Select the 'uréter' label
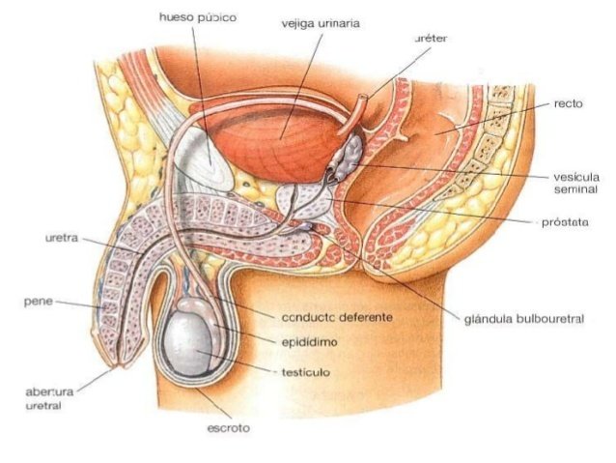(430, 38)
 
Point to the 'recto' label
(569, 102)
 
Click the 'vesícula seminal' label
(577, 184)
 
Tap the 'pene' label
(36, 301)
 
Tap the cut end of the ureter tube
(363, 100)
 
